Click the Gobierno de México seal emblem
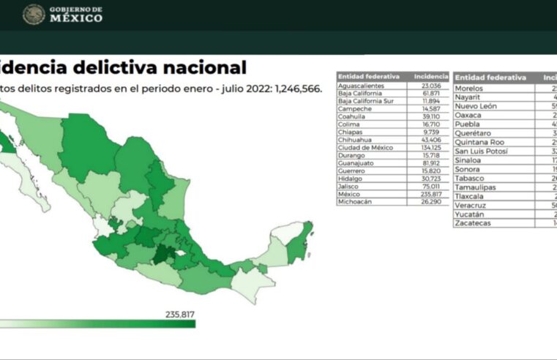click(34, 15)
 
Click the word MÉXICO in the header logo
click(76, 18)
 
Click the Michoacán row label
click(356, 202)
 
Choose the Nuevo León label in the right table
click(476, 106)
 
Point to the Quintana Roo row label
click(479, 142)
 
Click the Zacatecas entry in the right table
click(474, 222)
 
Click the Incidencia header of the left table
click(430, 75)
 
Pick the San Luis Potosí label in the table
click(482, 151)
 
